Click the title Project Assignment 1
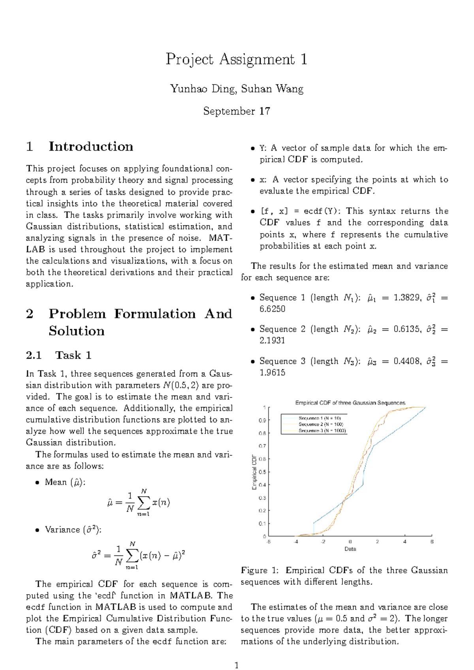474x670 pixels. (x=236, y=59)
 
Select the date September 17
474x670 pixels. (x=236, y=111)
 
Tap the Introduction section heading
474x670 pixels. (x=90, y=147)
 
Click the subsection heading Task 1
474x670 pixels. (x=73, y=355)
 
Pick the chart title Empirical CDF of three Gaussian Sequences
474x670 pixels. (x=350, y=403)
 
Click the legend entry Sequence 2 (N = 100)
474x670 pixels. (x=321, y=424)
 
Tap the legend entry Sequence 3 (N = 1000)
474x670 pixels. (x=322, y=431)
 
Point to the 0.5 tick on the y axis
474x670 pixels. (x=262, y=472)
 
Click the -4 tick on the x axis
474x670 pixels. (x=296, y=542)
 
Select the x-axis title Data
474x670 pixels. (x=350, y=549)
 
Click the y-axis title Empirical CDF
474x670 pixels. (x=254, y=472)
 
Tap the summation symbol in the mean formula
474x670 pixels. (x=143, y=502)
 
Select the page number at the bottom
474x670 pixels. (x=236, y=655)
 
